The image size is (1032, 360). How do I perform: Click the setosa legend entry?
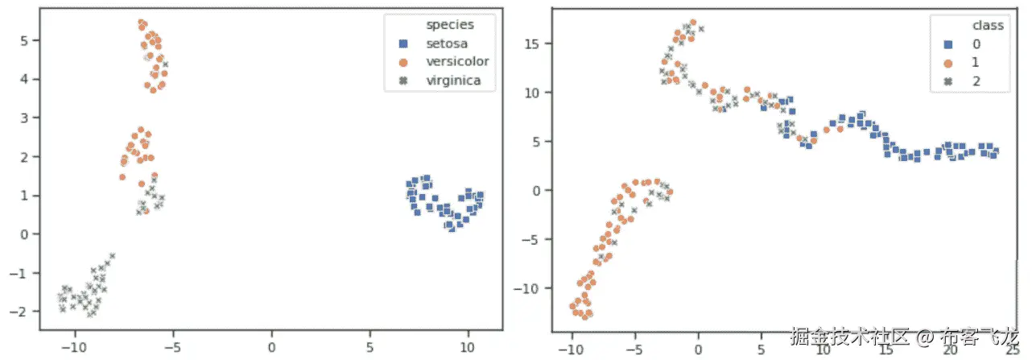click(x=447, y=43)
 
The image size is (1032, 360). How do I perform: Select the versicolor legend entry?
click(x=456, y=61)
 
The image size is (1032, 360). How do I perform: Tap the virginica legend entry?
click(x=454, y=80)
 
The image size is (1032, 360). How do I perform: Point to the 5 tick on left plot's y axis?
click(x=24, y=40)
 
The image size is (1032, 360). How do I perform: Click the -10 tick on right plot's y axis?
click(x=530, y=288)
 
